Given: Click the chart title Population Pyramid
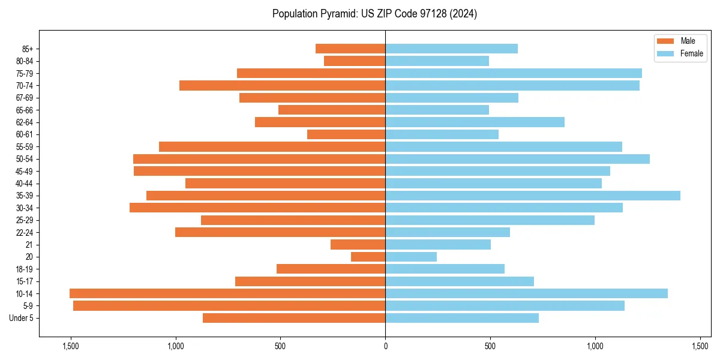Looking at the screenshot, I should pos(374,14).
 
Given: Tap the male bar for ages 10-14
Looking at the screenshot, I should pos(227,293).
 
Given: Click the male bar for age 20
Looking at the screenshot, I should pos(368,257).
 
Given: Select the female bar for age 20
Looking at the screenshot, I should pos(411,257).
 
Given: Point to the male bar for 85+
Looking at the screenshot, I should pos(350,49).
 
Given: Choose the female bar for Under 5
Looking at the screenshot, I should pos(462,318).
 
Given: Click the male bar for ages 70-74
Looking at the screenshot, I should pos(282,85).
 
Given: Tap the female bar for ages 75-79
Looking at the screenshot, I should pos(514,73).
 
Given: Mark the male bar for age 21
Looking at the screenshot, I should pos(358,244).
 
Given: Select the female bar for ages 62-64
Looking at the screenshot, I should pos(475,122).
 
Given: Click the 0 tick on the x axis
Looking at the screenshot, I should pos(385,346).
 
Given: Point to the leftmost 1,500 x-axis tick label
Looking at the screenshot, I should pos(71,346).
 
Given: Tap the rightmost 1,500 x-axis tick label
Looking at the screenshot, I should pos(700,346).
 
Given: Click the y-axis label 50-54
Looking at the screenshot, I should pos(25,159).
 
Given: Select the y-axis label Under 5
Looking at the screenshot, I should pos(22,318).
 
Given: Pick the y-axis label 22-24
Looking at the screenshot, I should pos(25,232).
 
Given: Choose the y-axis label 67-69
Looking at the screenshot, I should pos(25,98).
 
